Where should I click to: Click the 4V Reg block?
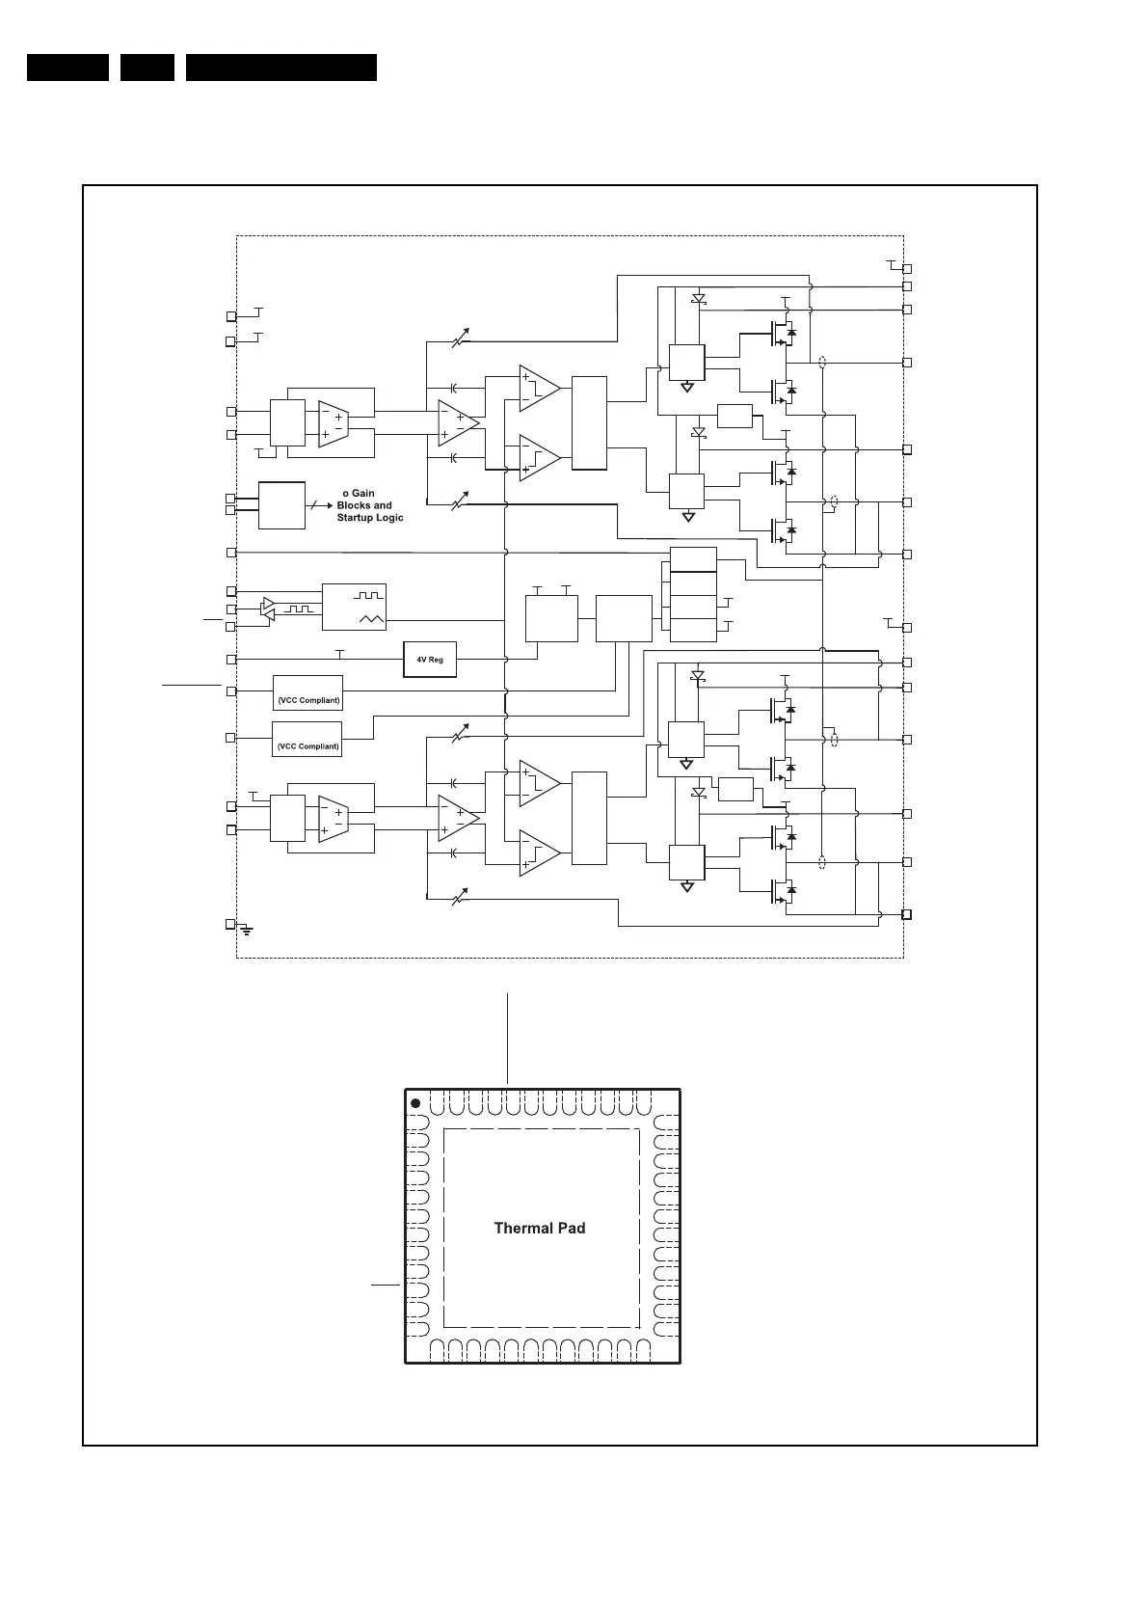429,660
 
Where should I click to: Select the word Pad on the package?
569,1228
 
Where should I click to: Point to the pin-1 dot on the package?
415,1103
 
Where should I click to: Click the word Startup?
358,518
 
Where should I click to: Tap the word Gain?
362,494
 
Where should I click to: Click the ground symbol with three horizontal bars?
248,930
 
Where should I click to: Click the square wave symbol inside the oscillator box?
370,595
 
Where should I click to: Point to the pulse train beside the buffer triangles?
299,609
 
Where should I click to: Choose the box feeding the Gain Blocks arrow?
281,505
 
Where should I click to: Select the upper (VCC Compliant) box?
307,692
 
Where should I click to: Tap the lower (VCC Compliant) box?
307,739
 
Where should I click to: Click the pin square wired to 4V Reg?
230,660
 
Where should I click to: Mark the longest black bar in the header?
280,68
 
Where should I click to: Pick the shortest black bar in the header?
147,68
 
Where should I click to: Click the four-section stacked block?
693,594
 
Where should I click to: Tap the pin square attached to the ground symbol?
230,924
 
